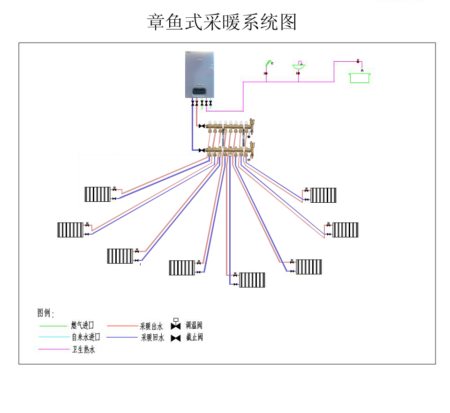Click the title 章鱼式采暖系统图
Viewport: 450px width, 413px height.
[222, 22]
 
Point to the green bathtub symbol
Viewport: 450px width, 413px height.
[360, 77]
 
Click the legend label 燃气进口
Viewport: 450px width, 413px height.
[82, 325]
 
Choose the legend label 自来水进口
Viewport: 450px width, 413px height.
[86, 337]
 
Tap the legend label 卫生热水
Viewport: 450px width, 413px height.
[83, 349]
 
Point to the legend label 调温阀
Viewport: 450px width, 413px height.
[194, 325]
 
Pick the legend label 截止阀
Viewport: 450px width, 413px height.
[194, 337]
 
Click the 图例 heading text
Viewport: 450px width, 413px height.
[45, 313]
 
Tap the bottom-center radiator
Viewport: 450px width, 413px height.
[252, 280]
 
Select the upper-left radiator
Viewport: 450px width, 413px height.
[97, 194]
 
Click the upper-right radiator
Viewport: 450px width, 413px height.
[323, 195]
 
